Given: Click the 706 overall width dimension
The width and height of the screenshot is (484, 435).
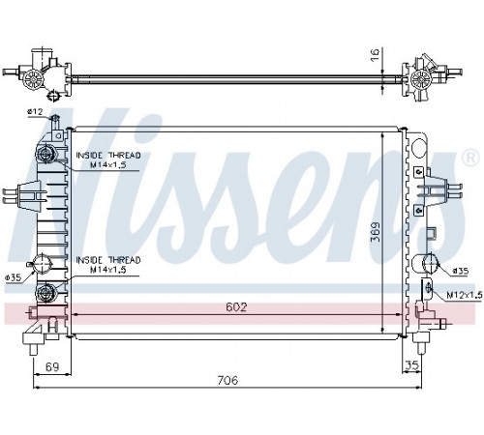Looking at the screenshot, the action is (x=227, y=380).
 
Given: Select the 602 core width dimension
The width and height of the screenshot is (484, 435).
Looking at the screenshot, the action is (x=236, y=306).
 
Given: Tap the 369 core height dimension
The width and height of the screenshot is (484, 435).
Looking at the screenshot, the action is (x=376, y=232).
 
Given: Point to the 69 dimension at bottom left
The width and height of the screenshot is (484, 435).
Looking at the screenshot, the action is (x=52, y=366).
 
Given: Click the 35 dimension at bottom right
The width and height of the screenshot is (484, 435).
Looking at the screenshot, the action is (x=411, y=365).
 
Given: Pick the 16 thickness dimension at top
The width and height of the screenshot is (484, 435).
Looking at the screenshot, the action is (x=375, y=55).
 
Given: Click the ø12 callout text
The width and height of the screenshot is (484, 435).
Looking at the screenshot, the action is (x=35, y=112).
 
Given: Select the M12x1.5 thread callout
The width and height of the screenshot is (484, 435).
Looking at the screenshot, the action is (x=465, y=295).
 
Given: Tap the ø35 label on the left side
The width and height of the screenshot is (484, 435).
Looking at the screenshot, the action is (x=14, y=277).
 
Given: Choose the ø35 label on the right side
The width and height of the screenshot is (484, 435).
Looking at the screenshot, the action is (x=461, y=271).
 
